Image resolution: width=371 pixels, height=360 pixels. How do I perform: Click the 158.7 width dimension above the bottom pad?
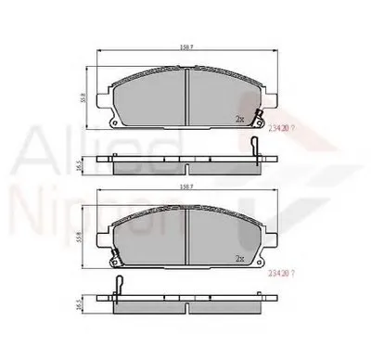pyautogui.click(x=188, y=198)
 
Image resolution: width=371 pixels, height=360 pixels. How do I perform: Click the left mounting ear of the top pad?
pyautogui.click(x=109, y=121)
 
